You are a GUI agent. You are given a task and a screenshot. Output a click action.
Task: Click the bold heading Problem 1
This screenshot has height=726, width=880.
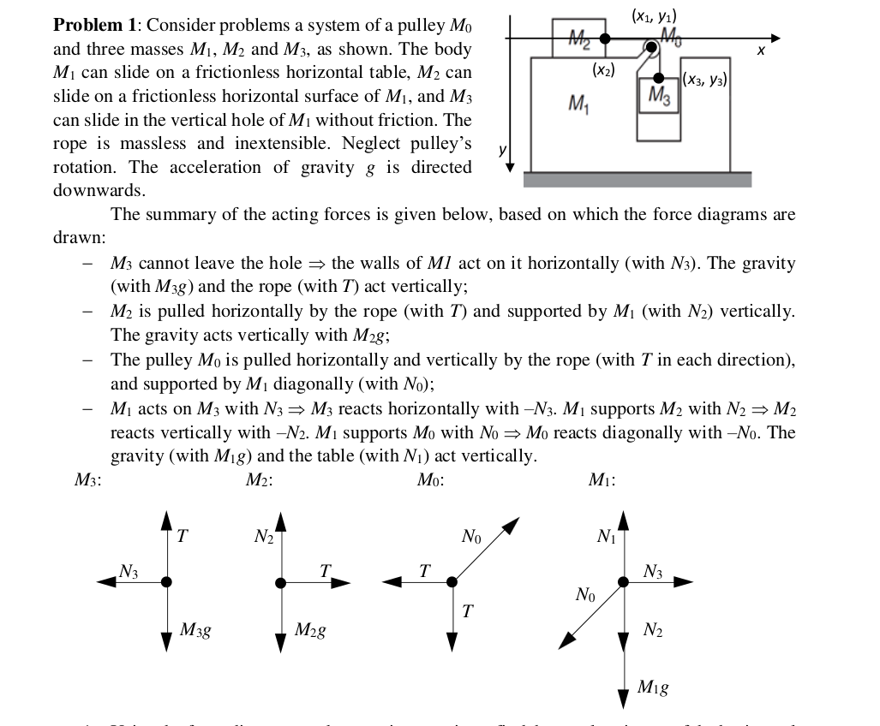pyautogui.click(x=90, y=27)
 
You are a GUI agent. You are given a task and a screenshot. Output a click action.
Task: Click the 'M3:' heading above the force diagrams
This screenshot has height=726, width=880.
pyautogui.click(x=88, y=480)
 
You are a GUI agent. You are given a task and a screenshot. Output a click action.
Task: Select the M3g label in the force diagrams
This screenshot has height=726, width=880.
pyautogui.click(x=196, y=632)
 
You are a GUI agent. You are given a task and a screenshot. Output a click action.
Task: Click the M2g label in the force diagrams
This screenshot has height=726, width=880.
pyautogui.click(x=308, y=632)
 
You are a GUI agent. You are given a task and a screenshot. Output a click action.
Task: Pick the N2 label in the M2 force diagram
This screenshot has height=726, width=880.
pyautogui.click(x=263, y=538)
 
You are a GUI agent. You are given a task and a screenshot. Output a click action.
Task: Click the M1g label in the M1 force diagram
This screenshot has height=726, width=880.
pyautogui.click(x=654, y=686)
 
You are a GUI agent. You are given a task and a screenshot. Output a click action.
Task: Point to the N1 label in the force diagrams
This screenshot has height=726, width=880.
pyautogui.click(x=606, y=538)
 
